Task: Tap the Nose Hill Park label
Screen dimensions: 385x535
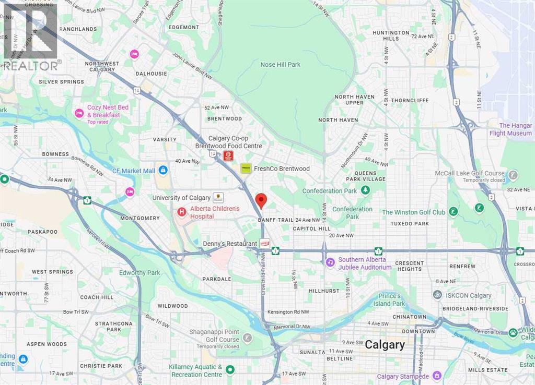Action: tap(281, 65)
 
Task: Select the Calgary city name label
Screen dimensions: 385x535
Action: tap(385, 344)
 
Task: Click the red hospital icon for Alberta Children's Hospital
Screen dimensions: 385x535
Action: tap(181, 212)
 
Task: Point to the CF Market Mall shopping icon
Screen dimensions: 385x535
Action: tap(163, 171)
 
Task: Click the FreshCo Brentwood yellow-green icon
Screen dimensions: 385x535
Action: tap(246, 169)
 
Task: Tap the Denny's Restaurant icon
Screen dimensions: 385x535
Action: tap(265, 244)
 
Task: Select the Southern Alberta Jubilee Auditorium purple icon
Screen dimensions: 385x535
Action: tap(330, 262)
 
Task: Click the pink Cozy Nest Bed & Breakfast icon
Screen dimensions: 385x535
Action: tap(79, 113)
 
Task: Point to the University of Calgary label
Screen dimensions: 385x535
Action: tap(180, 198)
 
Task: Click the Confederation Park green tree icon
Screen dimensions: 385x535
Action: tap(366, 190)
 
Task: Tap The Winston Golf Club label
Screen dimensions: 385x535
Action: tap(413, 212)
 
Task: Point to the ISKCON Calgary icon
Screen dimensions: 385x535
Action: tap(438, 295)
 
